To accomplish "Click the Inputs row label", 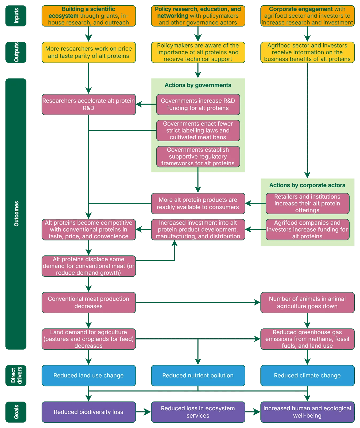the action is click(16, 16).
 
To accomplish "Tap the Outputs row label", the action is click(16, 52).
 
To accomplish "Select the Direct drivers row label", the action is click(16, 375).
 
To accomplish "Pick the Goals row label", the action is click(16, 412).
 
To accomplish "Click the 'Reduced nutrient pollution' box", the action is click(198, 375).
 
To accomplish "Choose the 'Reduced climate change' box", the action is click(307, 375).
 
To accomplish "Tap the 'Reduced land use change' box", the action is click(89, 375).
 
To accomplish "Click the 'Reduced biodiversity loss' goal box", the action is click(89, 412).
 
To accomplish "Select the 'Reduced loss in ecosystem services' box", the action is click(198, 412).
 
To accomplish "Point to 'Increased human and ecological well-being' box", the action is click(307, 412).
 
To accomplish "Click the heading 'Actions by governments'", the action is click(198, 85).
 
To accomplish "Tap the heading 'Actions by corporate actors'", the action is click(307, 185).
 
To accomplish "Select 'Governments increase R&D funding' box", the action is click(198, 104).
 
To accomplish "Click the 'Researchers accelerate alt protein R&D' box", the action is click(89, 104).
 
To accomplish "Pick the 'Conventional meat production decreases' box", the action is click(89, 303).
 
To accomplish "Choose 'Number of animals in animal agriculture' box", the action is click(307, 303).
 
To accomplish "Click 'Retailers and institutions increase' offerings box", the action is click(307, 203).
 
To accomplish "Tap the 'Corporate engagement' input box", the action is click(307, 16).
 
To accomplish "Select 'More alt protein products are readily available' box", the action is click(198, 203).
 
